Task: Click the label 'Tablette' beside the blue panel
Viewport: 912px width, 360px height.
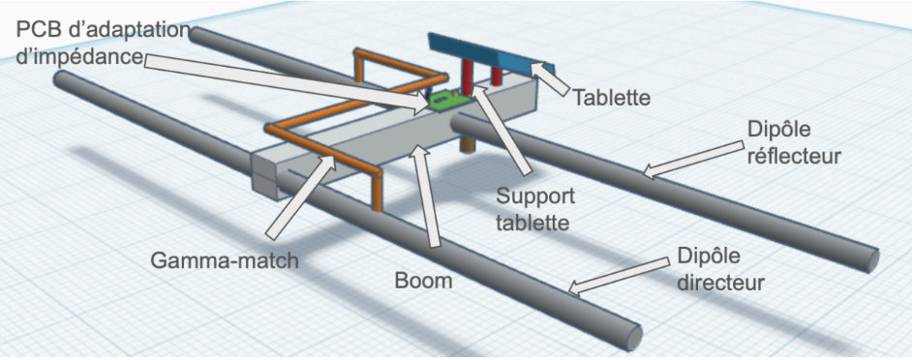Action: click(611, 97)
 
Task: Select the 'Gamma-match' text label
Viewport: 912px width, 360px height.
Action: click(225, 260)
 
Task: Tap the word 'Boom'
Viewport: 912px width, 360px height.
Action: click(423, 281)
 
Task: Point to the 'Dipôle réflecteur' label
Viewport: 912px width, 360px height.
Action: click(795, 143)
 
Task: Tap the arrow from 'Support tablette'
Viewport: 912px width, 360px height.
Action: click(501, 129)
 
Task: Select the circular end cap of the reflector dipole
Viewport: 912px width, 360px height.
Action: click(871, 258)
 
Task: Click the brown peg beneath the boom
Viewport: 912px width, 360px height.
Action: click(467, 143)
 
